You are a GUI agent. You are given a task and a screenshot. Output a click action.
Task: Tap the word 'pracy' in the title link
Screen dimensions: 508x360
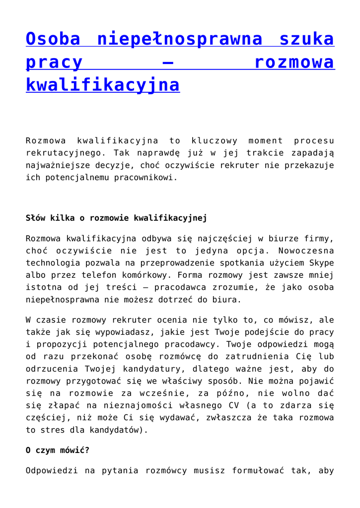[54, 63]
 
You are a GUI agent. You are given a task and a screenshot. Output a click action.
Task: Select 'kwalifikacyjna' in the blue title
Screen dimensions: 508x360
[102, 85]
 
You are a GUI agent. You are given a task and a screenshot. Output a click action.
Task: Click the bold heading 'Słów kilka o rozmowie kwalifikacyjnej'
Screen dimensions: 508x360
[116, 218]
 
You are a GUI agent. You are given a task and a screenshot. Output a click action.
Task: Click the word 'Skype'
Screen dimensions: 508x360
[321, 263]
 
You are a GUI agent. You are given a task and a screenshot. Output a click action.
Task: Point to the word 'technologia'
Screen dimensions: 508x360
[54, 263]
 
